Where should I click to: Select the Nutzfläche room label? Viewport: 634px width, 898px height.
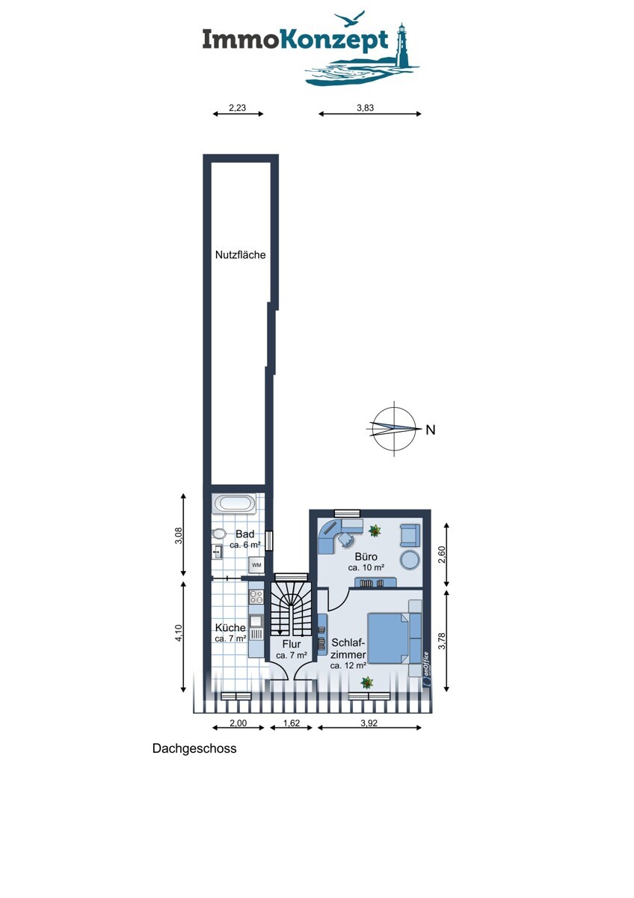point(241,254)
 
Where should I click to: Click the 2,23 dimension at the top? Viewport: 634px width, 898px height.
point(237,108)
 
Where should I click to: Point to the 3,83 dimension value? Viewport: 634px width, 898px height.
point(365,108)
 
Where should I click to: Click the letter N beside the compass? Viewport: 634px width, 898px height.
point(430,430)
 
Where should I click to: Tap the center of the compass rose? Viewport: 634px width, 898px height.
point(393,429)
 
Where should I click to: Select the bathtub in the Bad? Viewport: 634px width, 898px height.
point(236,504)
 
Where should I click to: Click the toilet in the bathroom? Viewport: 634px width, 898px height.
point(219,534)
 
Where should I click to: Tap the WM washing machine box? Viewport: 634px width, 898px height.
point(256,564)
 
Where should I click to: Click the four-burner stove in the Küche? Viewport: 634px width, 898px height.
point(256,596)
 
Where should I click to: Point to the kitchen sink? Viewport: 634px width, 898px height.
point(256,620)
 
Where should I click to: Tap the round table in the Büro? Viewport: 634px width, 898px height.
point(410,559)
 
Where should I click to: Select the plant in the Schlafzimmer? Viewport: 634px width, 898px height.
point(366,682)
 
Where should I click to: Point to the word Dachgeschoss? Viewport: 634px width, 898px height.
point(194,748)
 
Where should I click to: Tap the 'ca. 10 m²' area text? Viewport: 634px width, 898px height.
point(366,568)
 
